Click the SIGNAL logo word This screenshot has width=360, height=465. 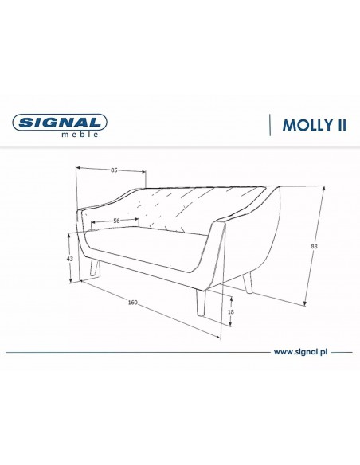pyautogui.click(x=60, y=123)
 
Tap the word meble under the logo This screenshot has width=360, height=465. pyautogui.click(x=80, y=135)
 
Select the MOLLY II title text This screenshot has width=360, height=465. pyautogui.click(x=315, y=125)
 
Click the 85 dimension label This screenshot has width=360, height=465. pyautogui.click(x=114, y=170)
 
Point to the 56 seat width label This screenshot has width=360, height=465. pyautogui.click(x=116, y=221)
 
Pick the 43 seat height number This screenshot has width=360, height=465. pyautogui.click(x=69, y=259)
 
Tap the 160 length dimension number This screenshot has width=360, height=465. pyautogui.click(x=133, y=303)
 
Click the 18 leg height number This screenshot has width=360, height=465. pyautogui.click(x=231, y=311)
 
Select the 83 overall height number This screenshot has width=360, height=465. pyautogui.click(x=315, y=246)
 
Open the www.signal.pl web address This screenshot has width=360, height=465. pyautogui.click(x=301, y=352)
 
